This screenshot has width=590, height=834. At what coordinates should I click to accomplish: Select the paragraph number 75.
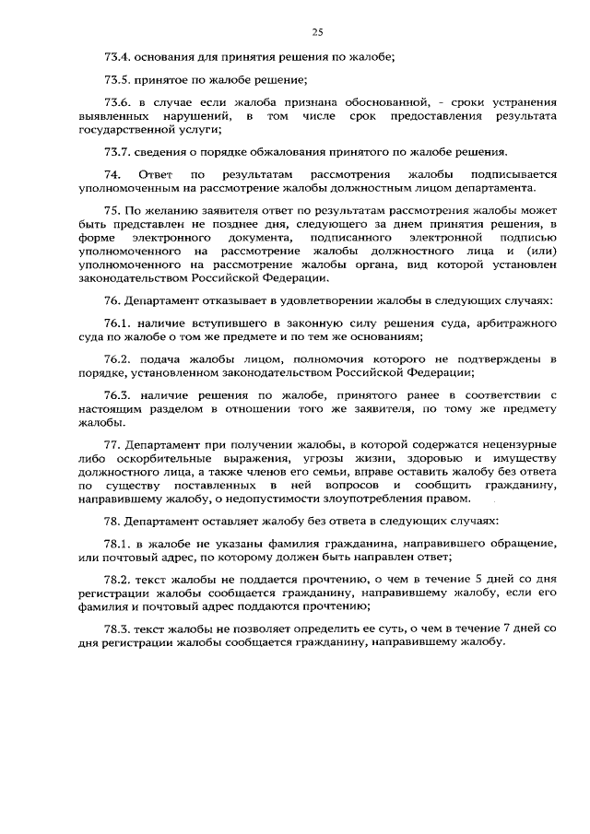112,210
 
